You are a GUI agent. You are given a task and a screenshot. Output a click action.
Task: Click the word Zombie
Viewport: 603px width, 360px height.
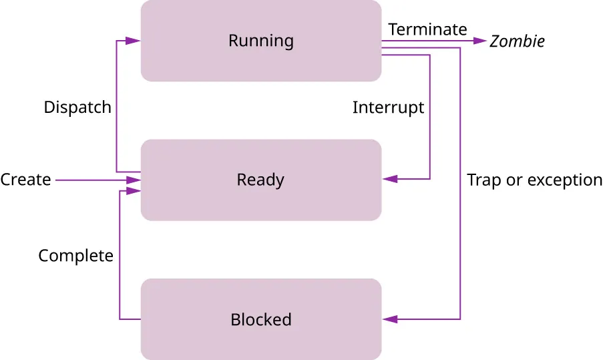tap(517, 41)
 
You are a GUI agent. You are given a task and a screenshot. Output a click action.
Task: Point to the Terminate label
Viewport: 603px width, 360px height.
tap(427, 29)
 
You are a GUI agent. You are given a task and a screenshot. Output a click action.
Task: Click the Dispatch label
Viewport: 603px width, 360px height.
tap(77, 108)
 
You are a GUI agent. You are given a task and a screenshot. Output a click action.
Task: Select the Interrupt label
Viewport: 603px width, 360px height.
tap(388, 108)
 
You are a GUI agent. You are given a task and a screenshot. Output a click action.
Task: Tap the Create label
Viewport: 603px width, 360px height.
tap(25, 180)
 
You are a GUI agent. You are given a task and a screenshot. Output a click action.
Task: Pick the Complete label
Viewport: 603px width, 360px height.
tap(75, 256)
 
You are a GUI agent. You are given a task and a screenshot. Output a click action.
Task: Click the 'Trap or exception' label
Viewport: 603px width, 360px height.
tap(534, 180)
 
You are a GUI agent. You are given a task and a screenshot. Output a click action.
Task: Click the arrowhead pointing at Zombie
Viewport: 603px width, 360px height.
tap(480, 41)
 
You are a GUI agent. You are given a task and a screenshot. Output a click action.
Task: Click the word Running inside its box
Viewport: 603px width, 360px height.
tap(260, 41)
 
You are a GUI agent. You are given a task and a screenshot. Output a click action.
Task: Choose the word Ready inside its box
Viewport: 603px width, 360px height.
tap(260, 180)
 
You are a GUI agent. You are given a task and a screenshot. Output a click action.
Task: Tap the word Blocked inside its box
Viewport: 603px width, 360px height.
tap(260, 320)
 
